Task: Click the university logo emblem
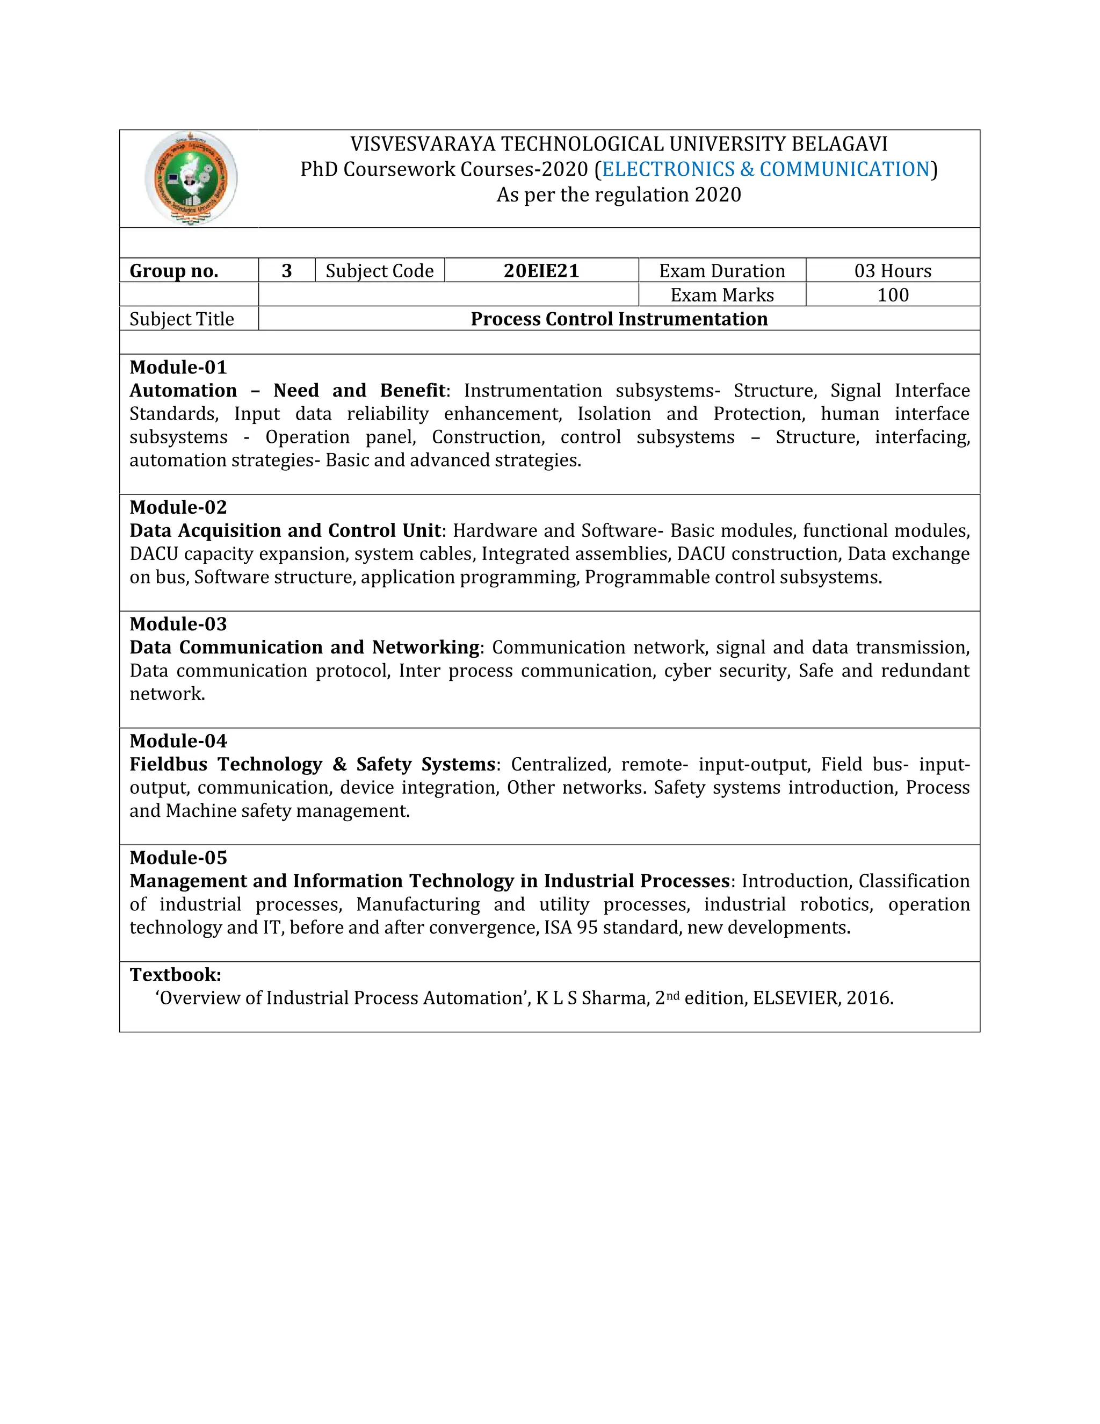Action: coord(190,178)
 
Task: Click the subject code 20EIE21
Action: coord(541,271)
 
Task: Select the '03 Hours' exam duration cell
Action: coord(892,271)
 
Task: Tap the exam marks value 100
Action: coord(892,294)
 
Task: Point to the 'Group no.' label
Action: coord(174,271)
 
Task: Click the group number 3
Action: coord(286,271)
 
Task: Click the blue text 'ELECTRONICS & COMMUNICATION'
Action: coord(766,169)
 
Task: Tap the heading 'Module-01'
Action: coord(178,367)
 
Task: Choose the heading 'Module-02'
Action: coord(178,507)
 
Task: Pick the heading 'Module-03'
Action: coord(178,624)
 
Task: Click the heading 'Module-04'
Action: coord(178,740)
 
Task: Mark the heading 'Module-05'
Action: coord(178,858)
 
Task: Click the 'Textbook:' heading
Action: coord(175,974)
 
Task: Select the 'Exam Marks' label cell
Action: coord(722,294)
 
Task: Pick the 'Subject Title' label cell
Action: coord(182,319)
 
